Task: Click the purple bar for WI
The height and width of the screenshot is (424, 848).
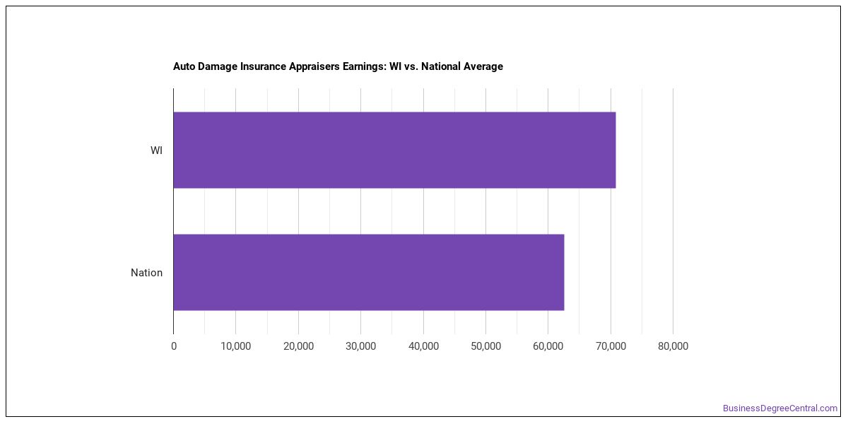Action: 394,150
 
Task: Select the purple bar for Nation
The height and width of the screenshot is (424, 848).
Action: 369,272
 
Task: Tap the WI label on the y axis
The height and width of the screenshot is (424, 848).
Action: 156,151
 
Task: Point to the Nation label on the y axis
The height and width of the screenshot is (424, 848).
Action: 146,273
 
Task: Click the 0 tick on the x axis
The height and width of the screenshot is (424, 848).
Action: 174,346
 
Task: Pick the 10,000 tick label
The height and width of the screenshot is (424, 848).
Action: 236,346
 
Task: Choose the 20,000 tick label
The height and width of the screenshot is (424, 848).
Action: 299,346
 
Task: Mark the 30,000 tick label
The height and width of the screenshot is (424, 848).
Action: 361,346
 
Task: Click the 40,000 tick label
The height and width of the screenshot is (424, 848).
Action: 423,346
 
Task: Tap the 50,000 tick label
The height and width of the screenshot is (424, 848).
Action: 485,346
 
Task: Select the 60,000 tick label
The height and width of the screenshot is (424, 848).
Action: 548,346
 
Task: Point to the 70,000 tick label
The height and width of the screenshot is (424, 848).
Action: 611,346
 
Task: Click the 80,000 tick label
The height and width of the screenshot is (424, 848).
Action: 673,346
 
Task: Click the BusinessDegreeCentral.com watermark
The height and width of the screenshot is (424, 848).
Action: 780,408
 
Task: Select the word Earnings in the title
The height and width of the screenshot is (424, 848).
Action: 365,66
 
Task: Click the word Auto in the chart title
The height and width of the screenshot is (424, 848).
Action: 184,66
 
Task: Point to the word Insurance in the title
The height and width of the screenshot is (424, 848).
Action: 263,66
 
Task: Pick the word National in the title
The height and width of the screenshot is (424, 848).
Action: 441,66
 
